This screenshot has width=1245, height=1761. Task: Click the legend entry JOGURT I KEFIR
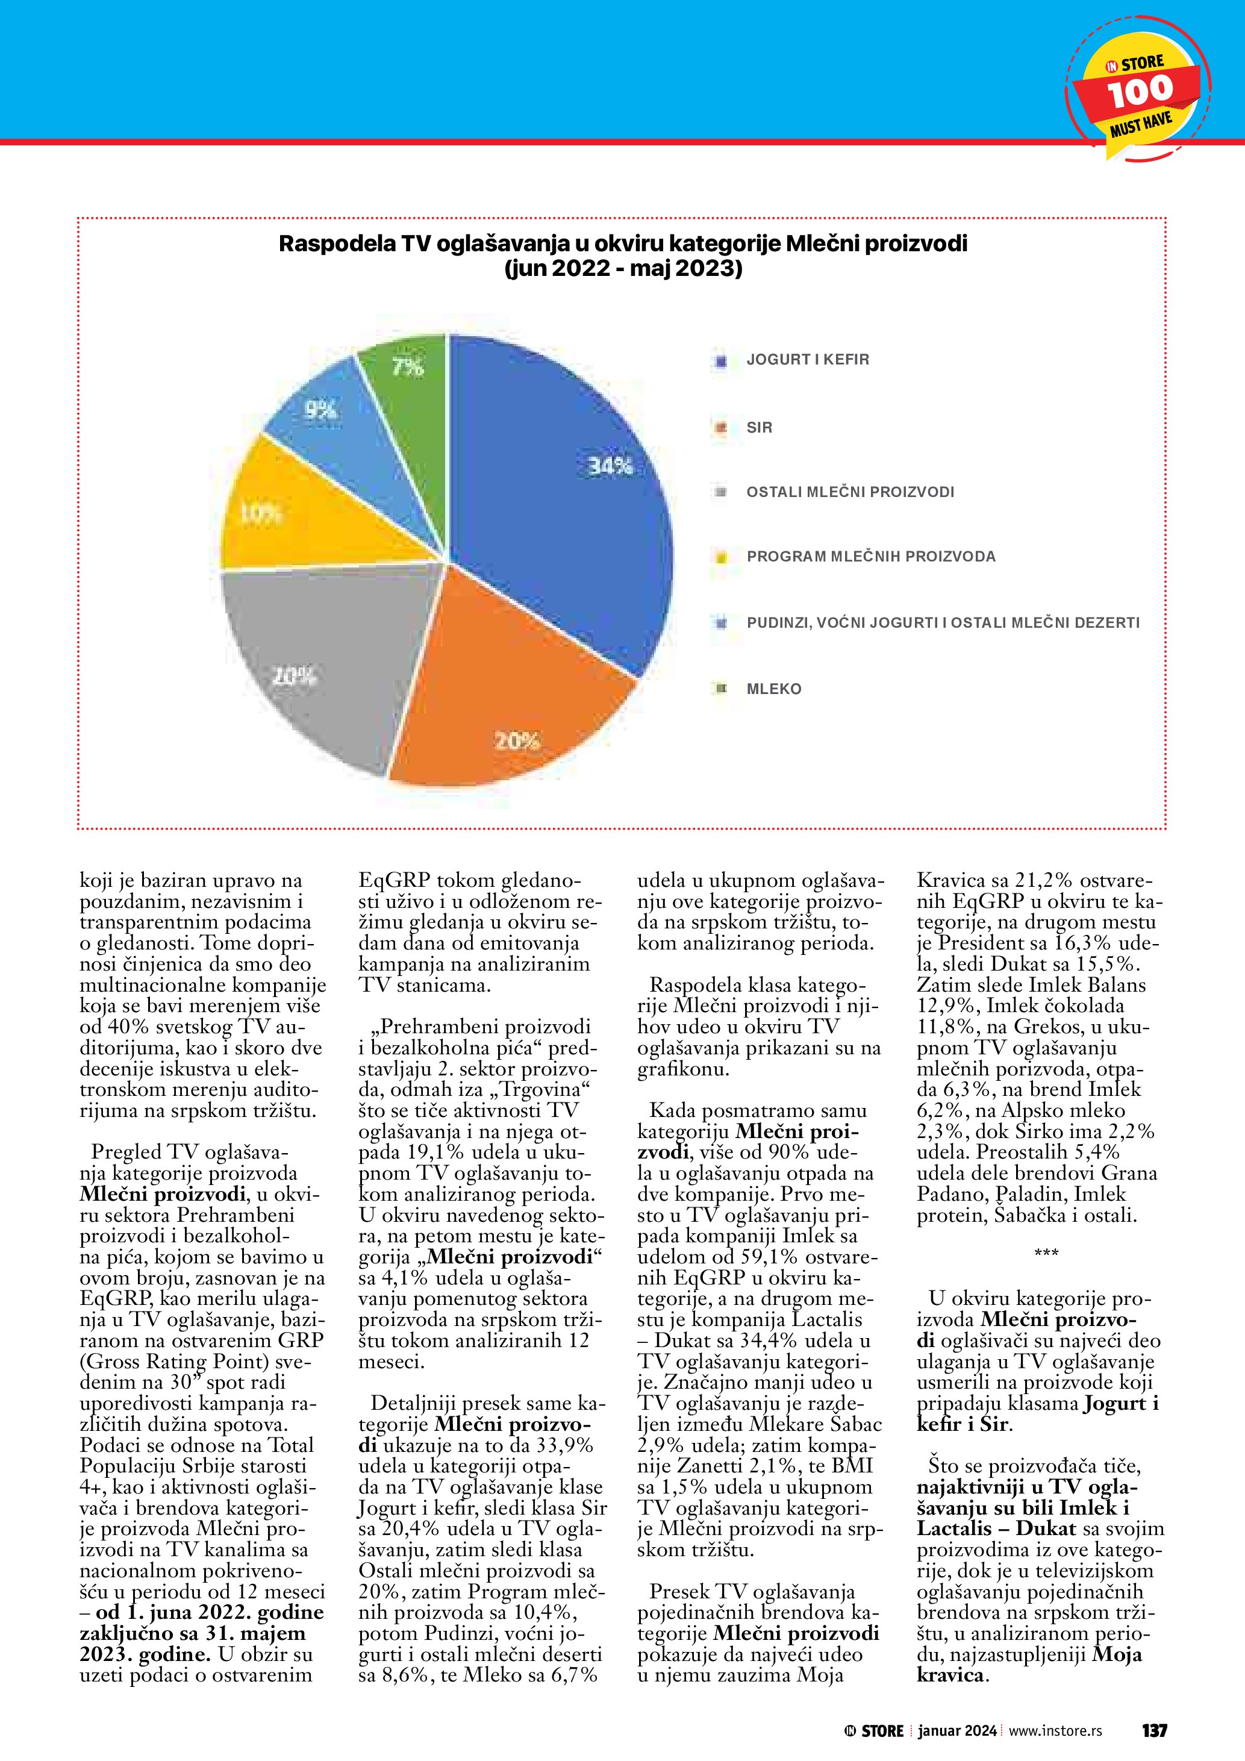click(807, 360)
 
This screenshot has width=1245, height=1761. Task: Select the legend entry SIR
click(759, 427)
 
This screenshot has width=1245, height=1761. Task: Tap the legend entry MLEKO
click(773, 689)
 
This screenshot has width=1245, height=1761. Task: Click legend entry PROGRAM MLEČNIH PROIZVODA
click(871, 557)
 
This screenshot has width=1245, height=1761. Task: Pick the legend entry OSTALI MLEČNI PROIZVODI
click(850, 492)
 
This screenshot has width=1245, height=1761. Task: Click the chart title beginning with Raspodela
click(623, 244)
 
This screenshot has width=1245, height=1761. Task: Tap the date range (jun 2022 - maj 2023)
click(623, 269)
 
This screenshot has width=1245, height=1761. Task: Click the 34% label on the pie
click(610, 466)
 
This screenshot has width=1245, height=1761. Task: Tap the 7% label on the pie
click(408, 368)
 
